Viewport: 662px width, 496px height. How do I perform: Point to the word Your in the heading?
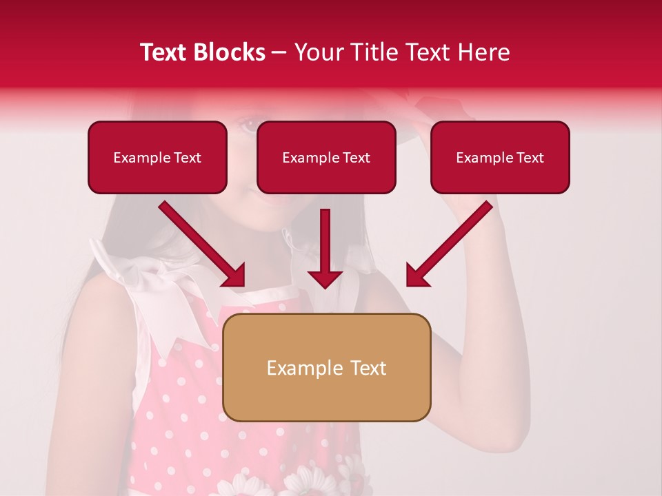tap(318, 52)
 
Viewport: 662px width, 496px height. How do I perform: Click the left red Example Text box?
tap(157, 157)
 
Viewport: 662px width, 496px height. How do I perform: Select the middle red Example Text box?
tap(326, 157)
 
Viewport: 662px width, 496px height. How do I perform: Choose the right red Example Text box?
tap(500, 157)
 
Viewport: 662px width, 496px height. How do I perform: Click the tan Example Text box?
tap(327, 367)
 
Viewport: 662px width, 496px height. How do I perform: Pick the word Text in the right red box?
tap(530, 158)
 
